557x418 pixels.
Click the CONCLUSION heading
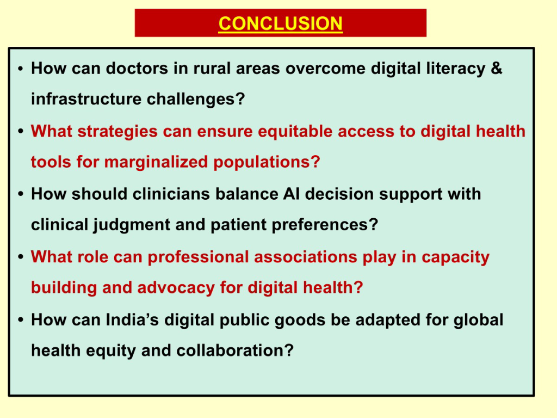pyautogui.click(x=280, y=23)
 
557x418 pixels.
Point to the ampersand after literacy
pyautogui.click(x=497, y=69)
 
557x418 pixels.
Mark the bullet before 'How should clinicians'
pyautogui.click(x=19, y=195)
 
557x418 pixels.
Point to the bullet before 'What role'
pyautogui.click(x=19, y=257)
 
